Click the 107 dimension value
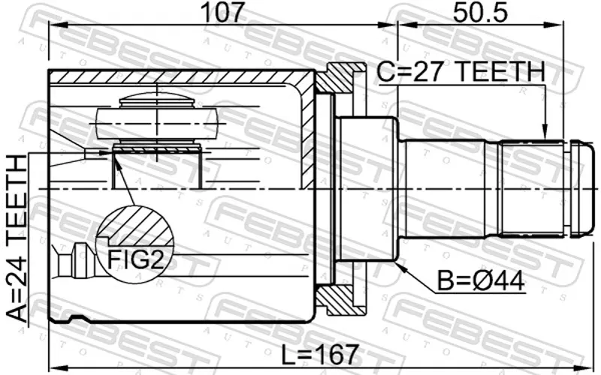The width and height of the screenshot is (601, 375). [222, 13]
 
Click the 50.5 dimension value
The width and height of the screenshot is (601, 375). [480, 13]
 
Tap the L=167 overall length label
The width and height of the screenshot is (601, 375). [321, 355]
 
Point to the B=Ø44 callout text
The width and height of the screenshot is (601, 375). [482, 282]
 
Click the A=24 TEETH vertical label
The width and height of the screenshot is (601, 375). [17, 238]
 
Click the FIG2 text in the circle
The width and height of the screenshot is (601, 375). [135, 259]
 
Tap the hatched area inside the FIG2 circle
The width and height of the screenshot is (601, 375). [135, 225]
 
